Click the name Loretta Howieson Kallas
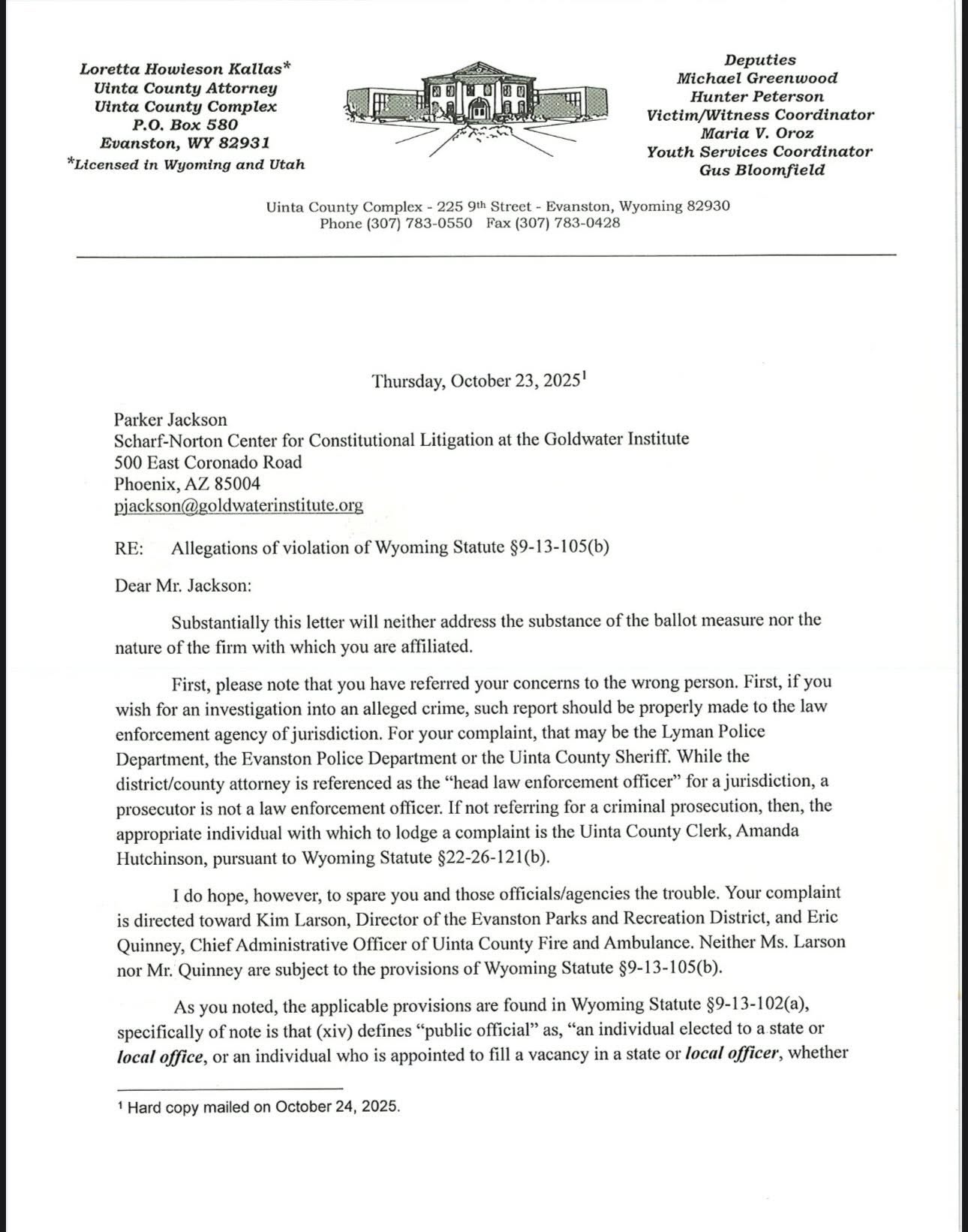(x=185, y=69)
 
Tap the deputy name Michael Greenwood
(x=756, y=78)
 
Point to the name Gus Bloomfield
(x=762, y=170)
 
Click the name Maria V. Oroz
(x=757, y=134)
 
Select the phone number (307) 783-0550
(x=419, y=223)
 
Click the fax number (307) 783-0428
(x=567, y=223)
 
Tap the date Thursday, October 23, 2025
(x=477, y=381)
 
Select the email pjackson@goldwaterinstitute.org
(x=239, y=505)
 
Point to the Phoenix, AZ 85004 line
(x=188, y=484)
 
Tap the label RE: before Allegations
(x=129, y=548)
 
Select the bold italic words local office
(x=160, y=1056)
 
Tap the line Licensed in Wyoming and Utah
(x=186, y=164)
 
